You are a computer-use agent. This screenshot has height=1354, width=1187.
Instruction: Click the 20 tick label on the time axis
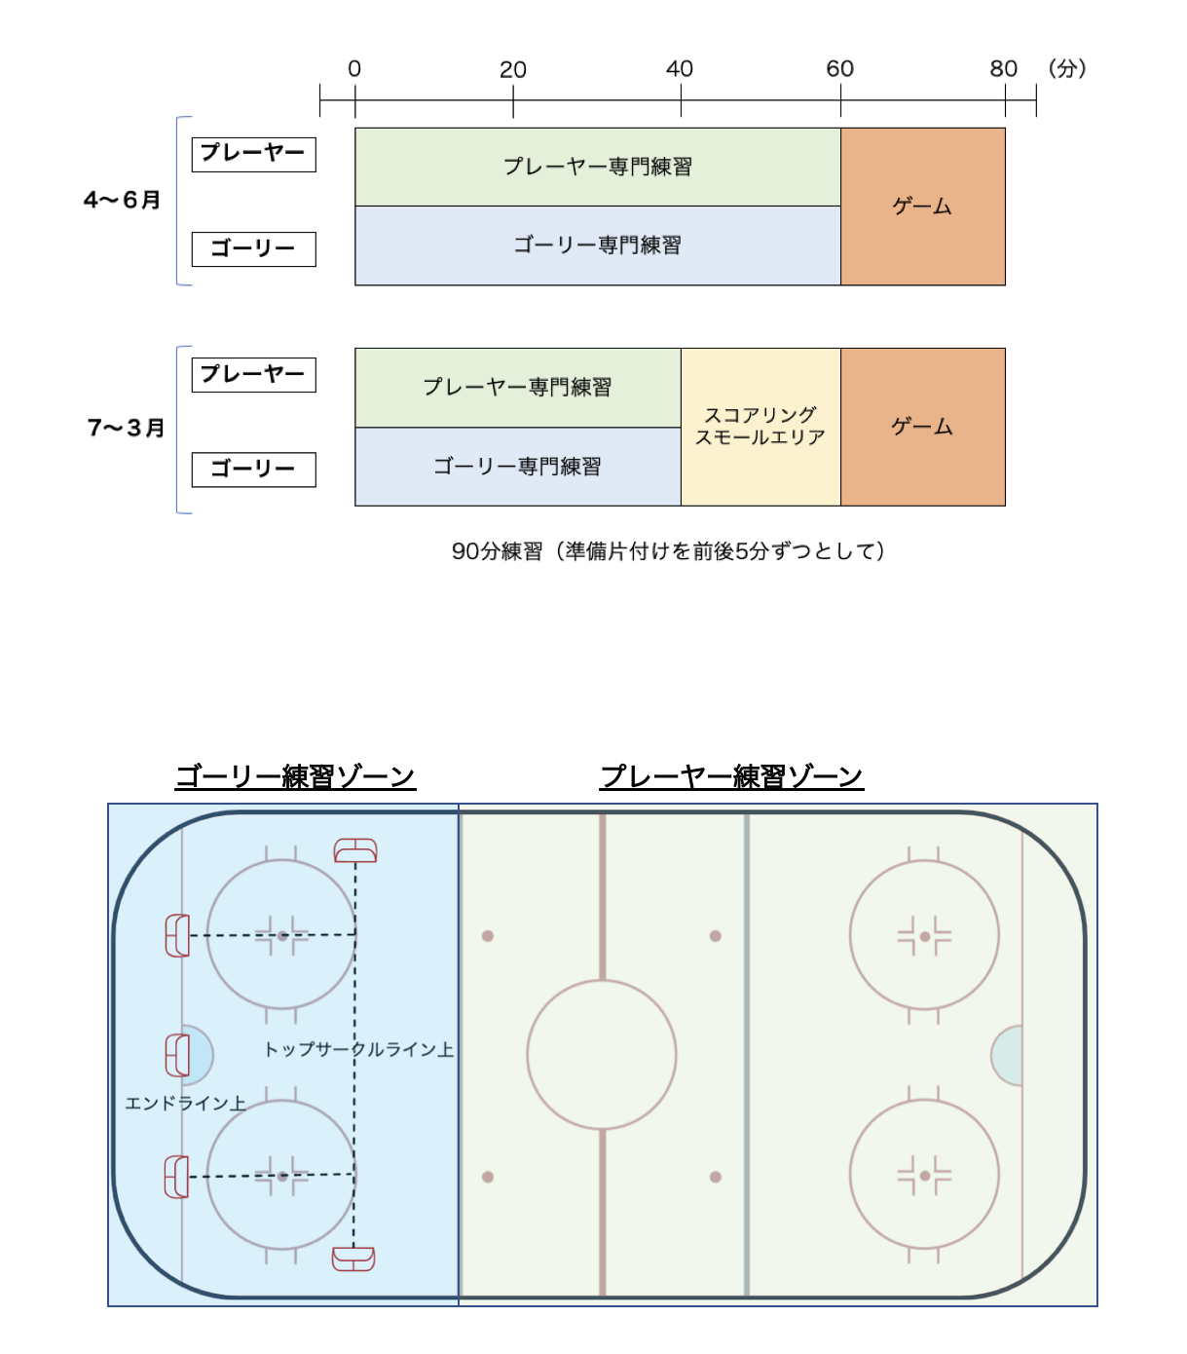coord(512,69)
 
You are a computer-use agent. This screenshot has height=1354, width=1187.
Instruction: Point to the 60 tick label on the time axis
coord(839,69)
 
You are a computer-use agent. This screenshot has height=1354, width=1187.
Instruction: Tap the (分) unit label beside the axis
coord(1067,68)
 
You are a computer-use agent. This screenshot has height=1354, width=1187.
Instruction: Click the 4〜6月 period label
coord(123,200)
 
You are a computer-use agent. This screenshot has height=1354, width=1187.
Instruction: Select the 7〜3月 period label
coord(126,428)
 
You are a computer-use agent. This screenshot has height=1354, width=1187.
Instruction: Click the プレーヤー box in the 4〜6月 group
coord(254,154)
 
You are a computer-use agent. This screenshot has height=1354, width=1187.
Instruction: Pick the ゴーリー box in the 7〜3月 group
coord(254,470)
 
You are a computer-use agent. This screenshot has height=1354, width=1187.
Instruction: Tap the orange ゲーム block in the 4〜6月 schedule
coord(922,207)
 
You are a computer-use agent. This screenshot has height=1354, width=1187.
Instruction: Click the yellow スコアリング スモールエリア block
coord(760,427)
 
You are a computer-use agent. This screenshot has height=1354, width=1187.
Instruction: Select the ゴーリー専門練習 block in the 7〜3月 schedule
coord(518,467)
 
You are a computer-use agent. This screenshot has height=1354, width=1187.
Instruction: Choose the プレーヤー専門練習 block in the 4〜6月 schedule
coord(597,168)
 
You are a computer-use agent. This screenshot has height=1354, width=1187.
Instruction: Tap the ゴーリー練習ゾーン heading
coord(295,776)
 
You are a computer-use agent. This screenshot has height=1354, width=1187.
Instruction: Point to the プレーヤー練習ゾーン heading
coord(730,776)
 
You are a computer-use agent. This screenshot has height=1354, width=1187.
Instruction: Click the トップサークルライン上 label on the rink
coord(358,1049)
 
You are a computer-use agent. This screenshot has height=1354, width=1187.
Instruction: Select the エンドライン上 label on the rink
coord(185,1103)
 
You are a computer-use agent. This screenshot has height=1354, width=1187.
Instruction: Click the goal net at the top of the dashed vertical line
coord(355,850)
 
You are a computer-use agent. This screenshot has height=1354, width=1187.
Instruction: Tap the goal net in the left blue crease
coord(177,1055)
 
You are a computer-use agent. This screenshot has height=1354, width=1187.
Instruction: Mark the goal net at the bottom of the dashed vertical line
coord(353,1259)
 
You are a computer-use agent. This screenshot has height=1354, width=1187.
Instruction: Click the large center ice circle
coord(601,981)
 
